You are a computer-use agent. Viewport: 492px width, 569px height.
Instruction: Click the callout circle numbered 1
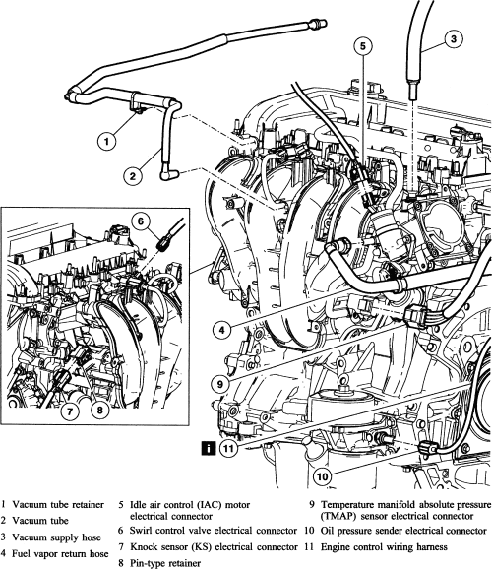[x=106, y=141]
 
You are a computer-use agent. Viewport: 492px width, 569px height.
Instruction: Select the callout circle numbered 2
[x=133, y=176]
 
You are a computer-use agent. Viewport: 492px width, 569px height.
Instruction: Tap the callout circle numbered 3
[x=454, y=38]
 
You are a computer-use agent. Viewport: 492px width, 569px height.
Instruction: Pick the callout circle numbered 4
[x=221, y=330]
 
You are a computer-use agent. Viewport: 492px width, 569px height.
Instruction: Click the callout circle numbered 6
[x=140, y=221]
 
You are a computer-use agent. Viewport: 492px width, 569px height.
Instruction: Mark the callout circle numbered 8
[x=100, y=411]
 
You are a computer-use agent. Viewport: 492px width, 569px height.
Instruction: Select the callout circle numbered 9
[x=220, y=384]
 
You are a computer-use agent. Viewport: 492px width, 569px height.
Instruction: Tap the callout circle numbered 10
[x=322, y=476]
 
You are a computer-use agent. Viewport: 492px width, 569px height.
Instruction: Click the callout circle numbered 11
[x=228, y=449]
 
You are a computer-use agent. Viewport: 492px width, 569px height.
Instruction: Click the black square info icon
[x=209, y=449]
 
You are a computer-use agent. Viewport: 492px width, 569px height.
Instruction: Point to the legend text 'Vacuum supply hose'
[x=56, y=537]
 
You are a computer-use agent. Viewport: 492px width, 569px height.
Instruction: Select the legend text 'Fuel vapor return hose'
[x=60, y=554]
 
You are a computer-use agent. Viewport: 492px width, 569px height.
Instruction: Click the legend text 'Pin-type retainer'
[x=165, y=563]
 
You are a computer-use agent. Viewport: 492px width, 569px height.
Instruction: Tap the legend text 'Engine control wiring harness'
[x=384, y=546]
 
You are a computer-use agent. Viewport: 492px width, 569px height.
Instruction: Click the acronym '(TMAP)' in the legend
[x=338, y=516]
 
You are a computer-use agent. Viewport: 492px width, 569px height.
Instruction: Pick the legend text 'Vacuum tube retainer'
[x=58, y=504]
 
